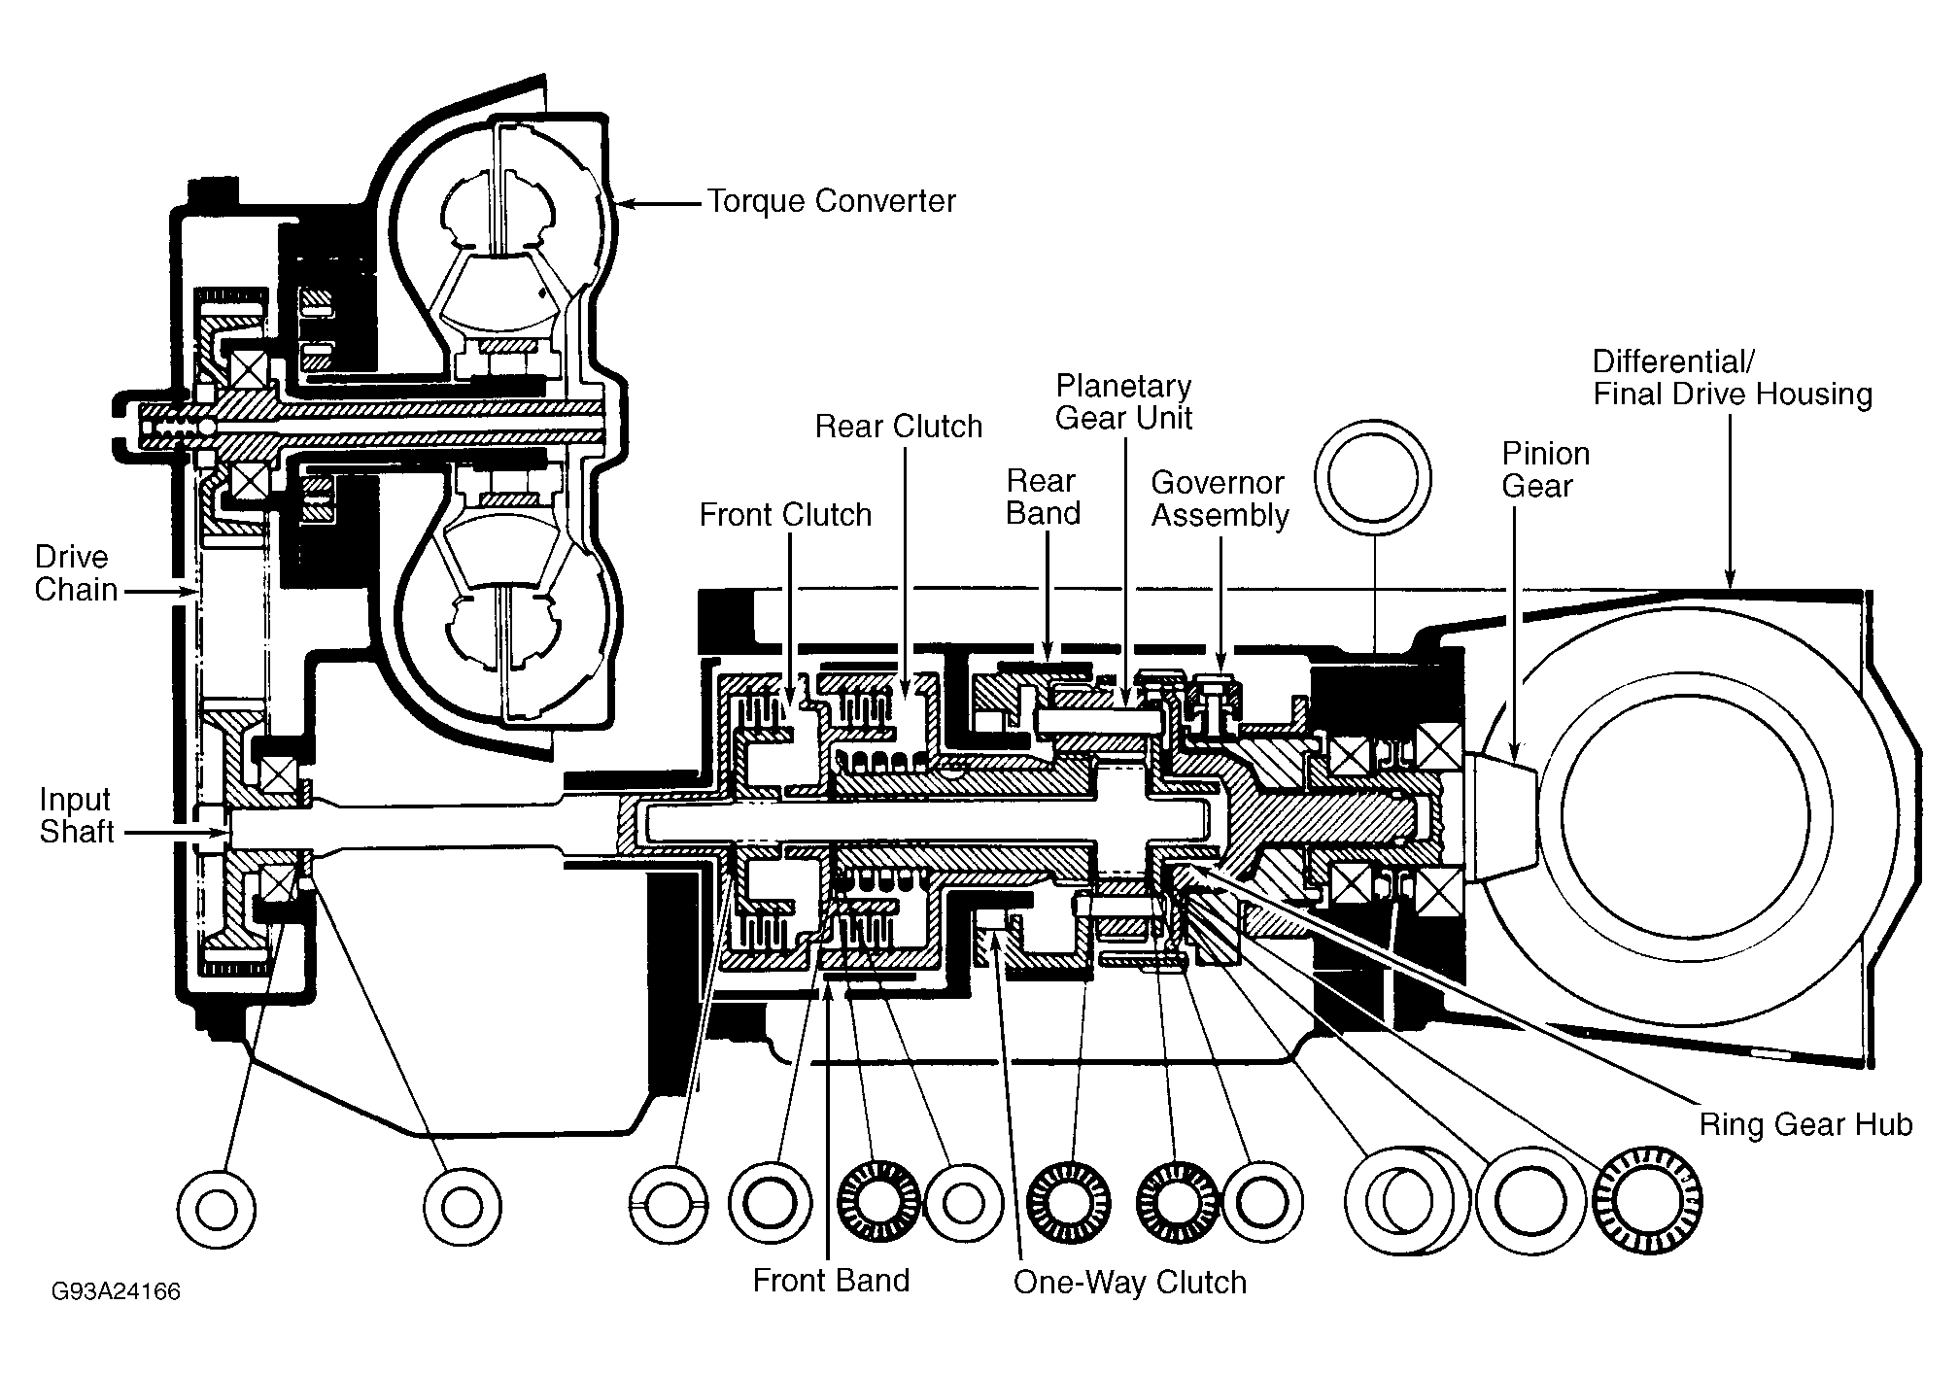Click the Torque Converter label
[x=831, y=201]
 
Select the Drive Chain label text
[x=76, y=573]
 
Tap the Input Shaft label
[x=77, y=815]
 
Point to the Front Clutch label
[x=785, y=514]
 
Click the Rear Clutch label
[x=899, y=426]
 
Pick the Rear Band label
[x=1043, y=497]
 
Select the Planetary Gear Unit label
[x=1124, y=401]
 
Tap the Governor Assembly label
[x=1220, y=498]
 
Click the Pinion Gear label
[x=1546, y=469]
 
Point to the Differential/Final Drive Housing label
[x=1733, y=378]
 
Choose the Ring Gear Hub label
[x=1805, y=1124]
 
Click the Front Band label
[x=831, y=1281]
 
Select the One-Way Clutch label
[x=1130, y=1283]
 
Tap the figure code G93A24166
[x=117, y=1291]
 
